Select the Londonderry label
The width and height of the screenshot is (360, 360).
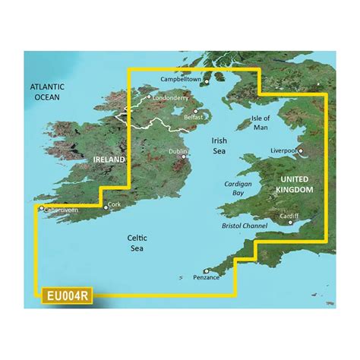(174, 98)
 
